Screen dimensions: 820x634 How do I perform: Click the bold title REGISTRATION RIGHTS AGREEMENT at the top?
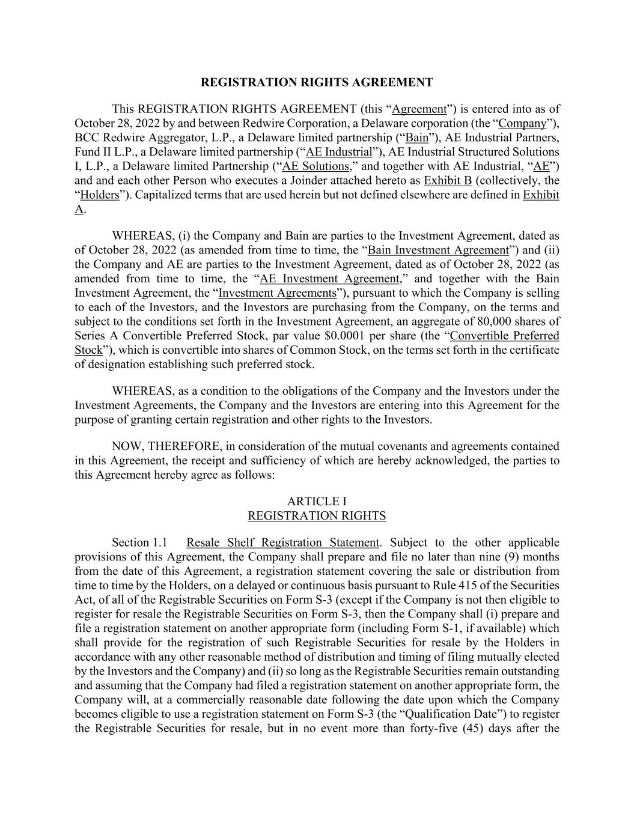tap(317, 82)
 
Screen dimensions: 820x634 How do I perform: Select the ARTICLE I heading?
tap(317, 502)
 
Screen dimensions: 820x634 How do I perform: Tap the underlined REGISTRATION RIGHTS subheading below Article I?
tap(317, 516)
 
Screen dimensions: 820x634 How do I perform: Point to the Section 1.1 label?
tap(139, 543)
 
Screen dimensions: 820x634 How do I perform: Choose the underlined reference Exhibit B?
tap(448, 181)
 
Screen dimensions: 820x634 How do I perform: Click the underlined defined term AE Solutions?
tap(315, 166)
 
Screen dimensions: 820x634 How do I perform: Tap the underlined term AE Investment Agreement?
tap(329, 279)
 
